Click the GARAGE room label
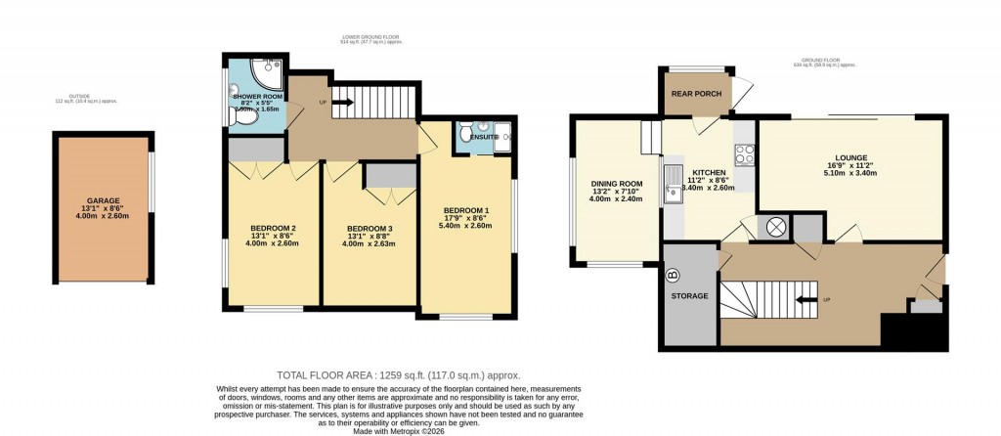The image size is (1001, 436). click(x=103, y=200)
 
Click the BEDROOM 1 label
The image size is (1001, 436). click(x=465, y=210)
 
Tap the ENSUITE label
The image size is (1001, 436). click(x=483, y=137)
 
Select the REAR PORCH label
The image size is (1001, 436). click(x=695, y=96)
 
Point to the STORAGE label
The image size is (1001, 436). click(x=691, y=294)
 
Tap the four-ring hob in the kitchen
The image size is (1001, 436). click(x=742, y=153)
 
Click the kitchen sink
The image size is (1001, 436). click(x=673, y=186)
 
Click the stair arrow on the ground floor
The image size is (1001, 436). click(x=806, y=299)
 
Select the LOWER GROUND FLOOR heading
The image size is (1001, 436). click(x=363, y=38)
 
